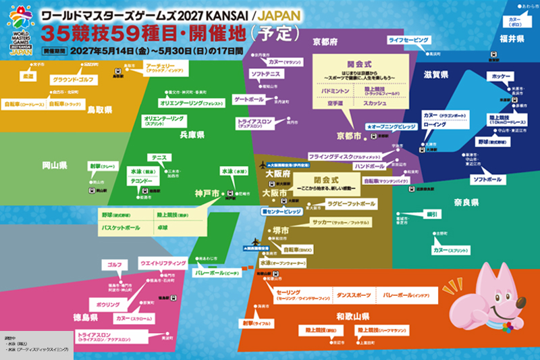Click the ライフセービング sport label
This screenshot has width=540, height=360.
pyautogui.click(x=408, y=41)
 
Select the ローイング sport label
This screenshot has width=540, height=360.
pyautogui.click(x=434, y=125)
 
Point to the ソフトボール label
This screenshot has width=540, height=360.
pyautogui.click(x=487, y=180)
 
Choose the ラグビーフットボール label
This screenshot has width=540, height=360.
pyautogui.click(x=351, y=203)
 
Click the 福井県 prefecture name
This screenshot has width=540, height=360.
pyautogui.click(x=512, y=39)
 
